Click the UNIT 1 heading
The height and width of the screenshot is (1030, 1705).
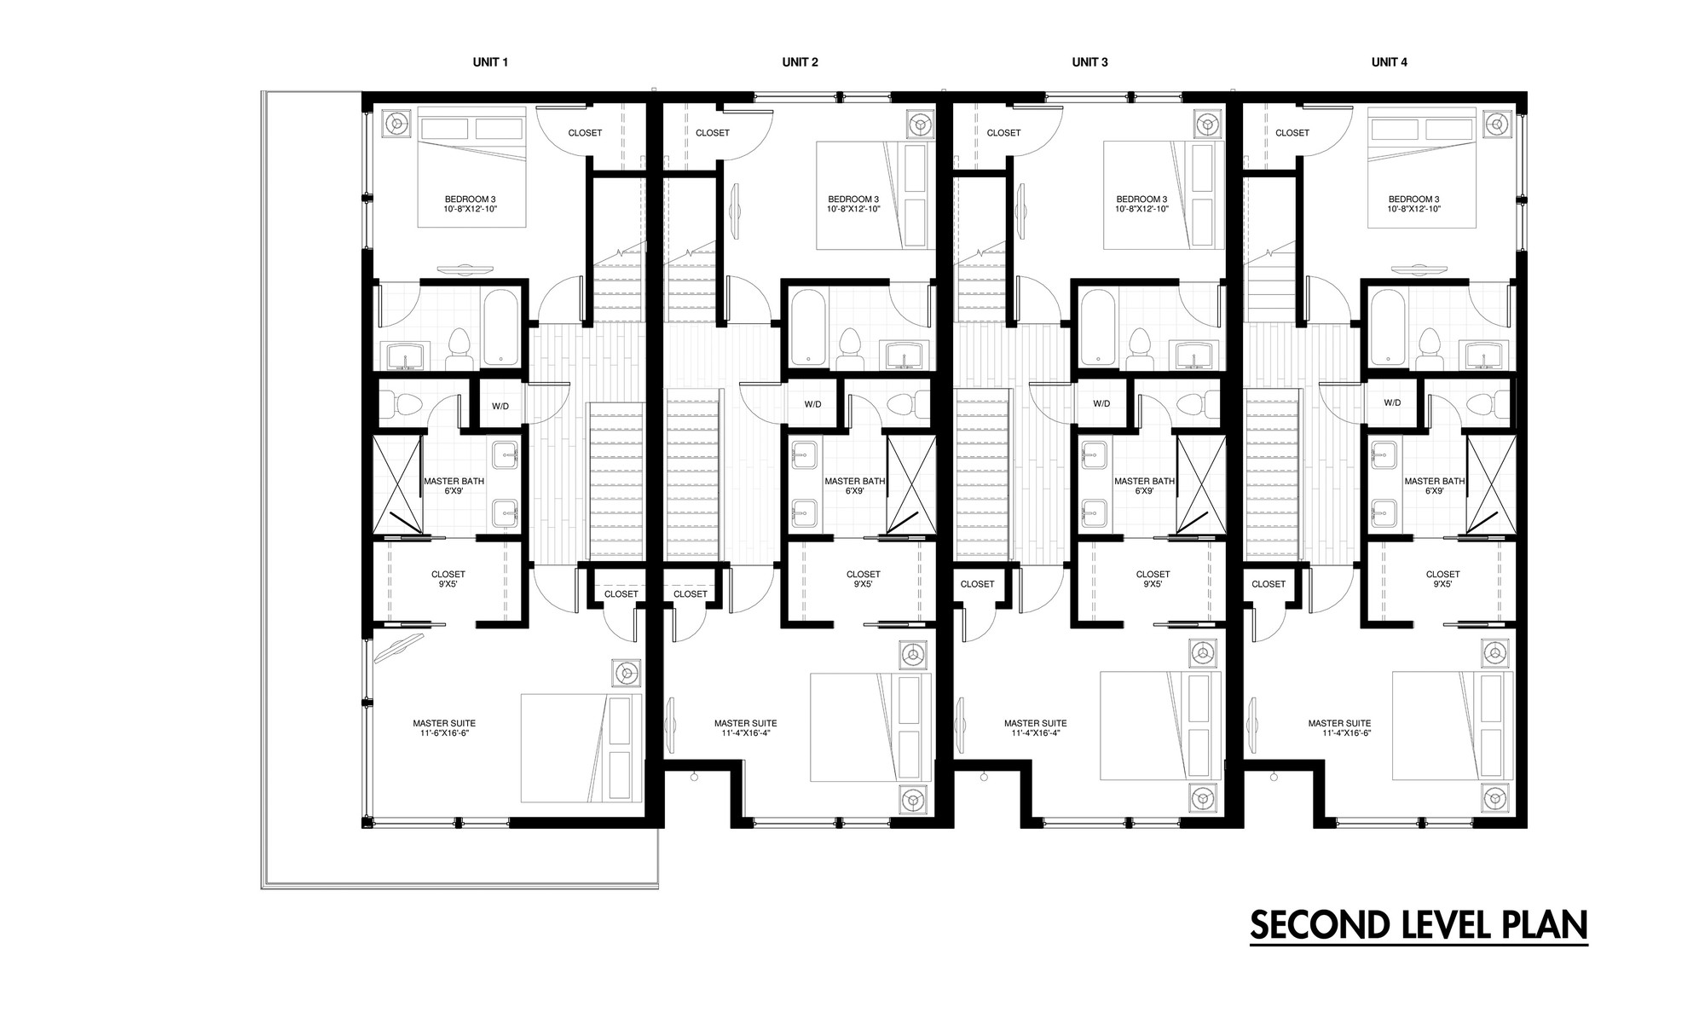[490, 62]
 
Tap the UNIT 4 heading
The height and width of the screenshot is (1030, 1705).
[1389, 62]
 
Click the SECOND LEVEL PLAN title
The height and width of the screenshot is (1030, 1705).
[1419, 925]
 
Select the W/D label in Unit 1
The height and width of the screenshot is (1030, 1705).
[500, 406]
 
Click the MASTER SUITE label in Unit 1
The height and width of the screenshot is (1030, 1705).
[444, 723]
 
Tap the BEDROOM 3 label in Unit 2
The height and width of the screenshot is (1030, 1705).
[852, 199]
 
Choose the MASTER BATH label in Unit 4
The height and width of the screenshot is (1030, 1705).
[1435, 482]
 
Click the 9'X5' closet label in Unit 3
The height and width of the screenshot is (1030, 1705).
[1153, 584]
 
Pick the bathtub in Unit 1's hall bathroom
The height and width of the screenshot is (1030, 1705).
[500, 328]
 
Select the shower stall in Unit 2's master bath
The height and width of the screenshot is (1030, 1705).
[910, 485]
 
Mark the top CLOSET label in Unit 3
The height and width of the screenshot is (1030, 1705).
[1003, 133]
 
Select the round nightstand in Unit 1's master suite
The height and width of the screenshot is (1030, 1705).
[627, 673]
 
